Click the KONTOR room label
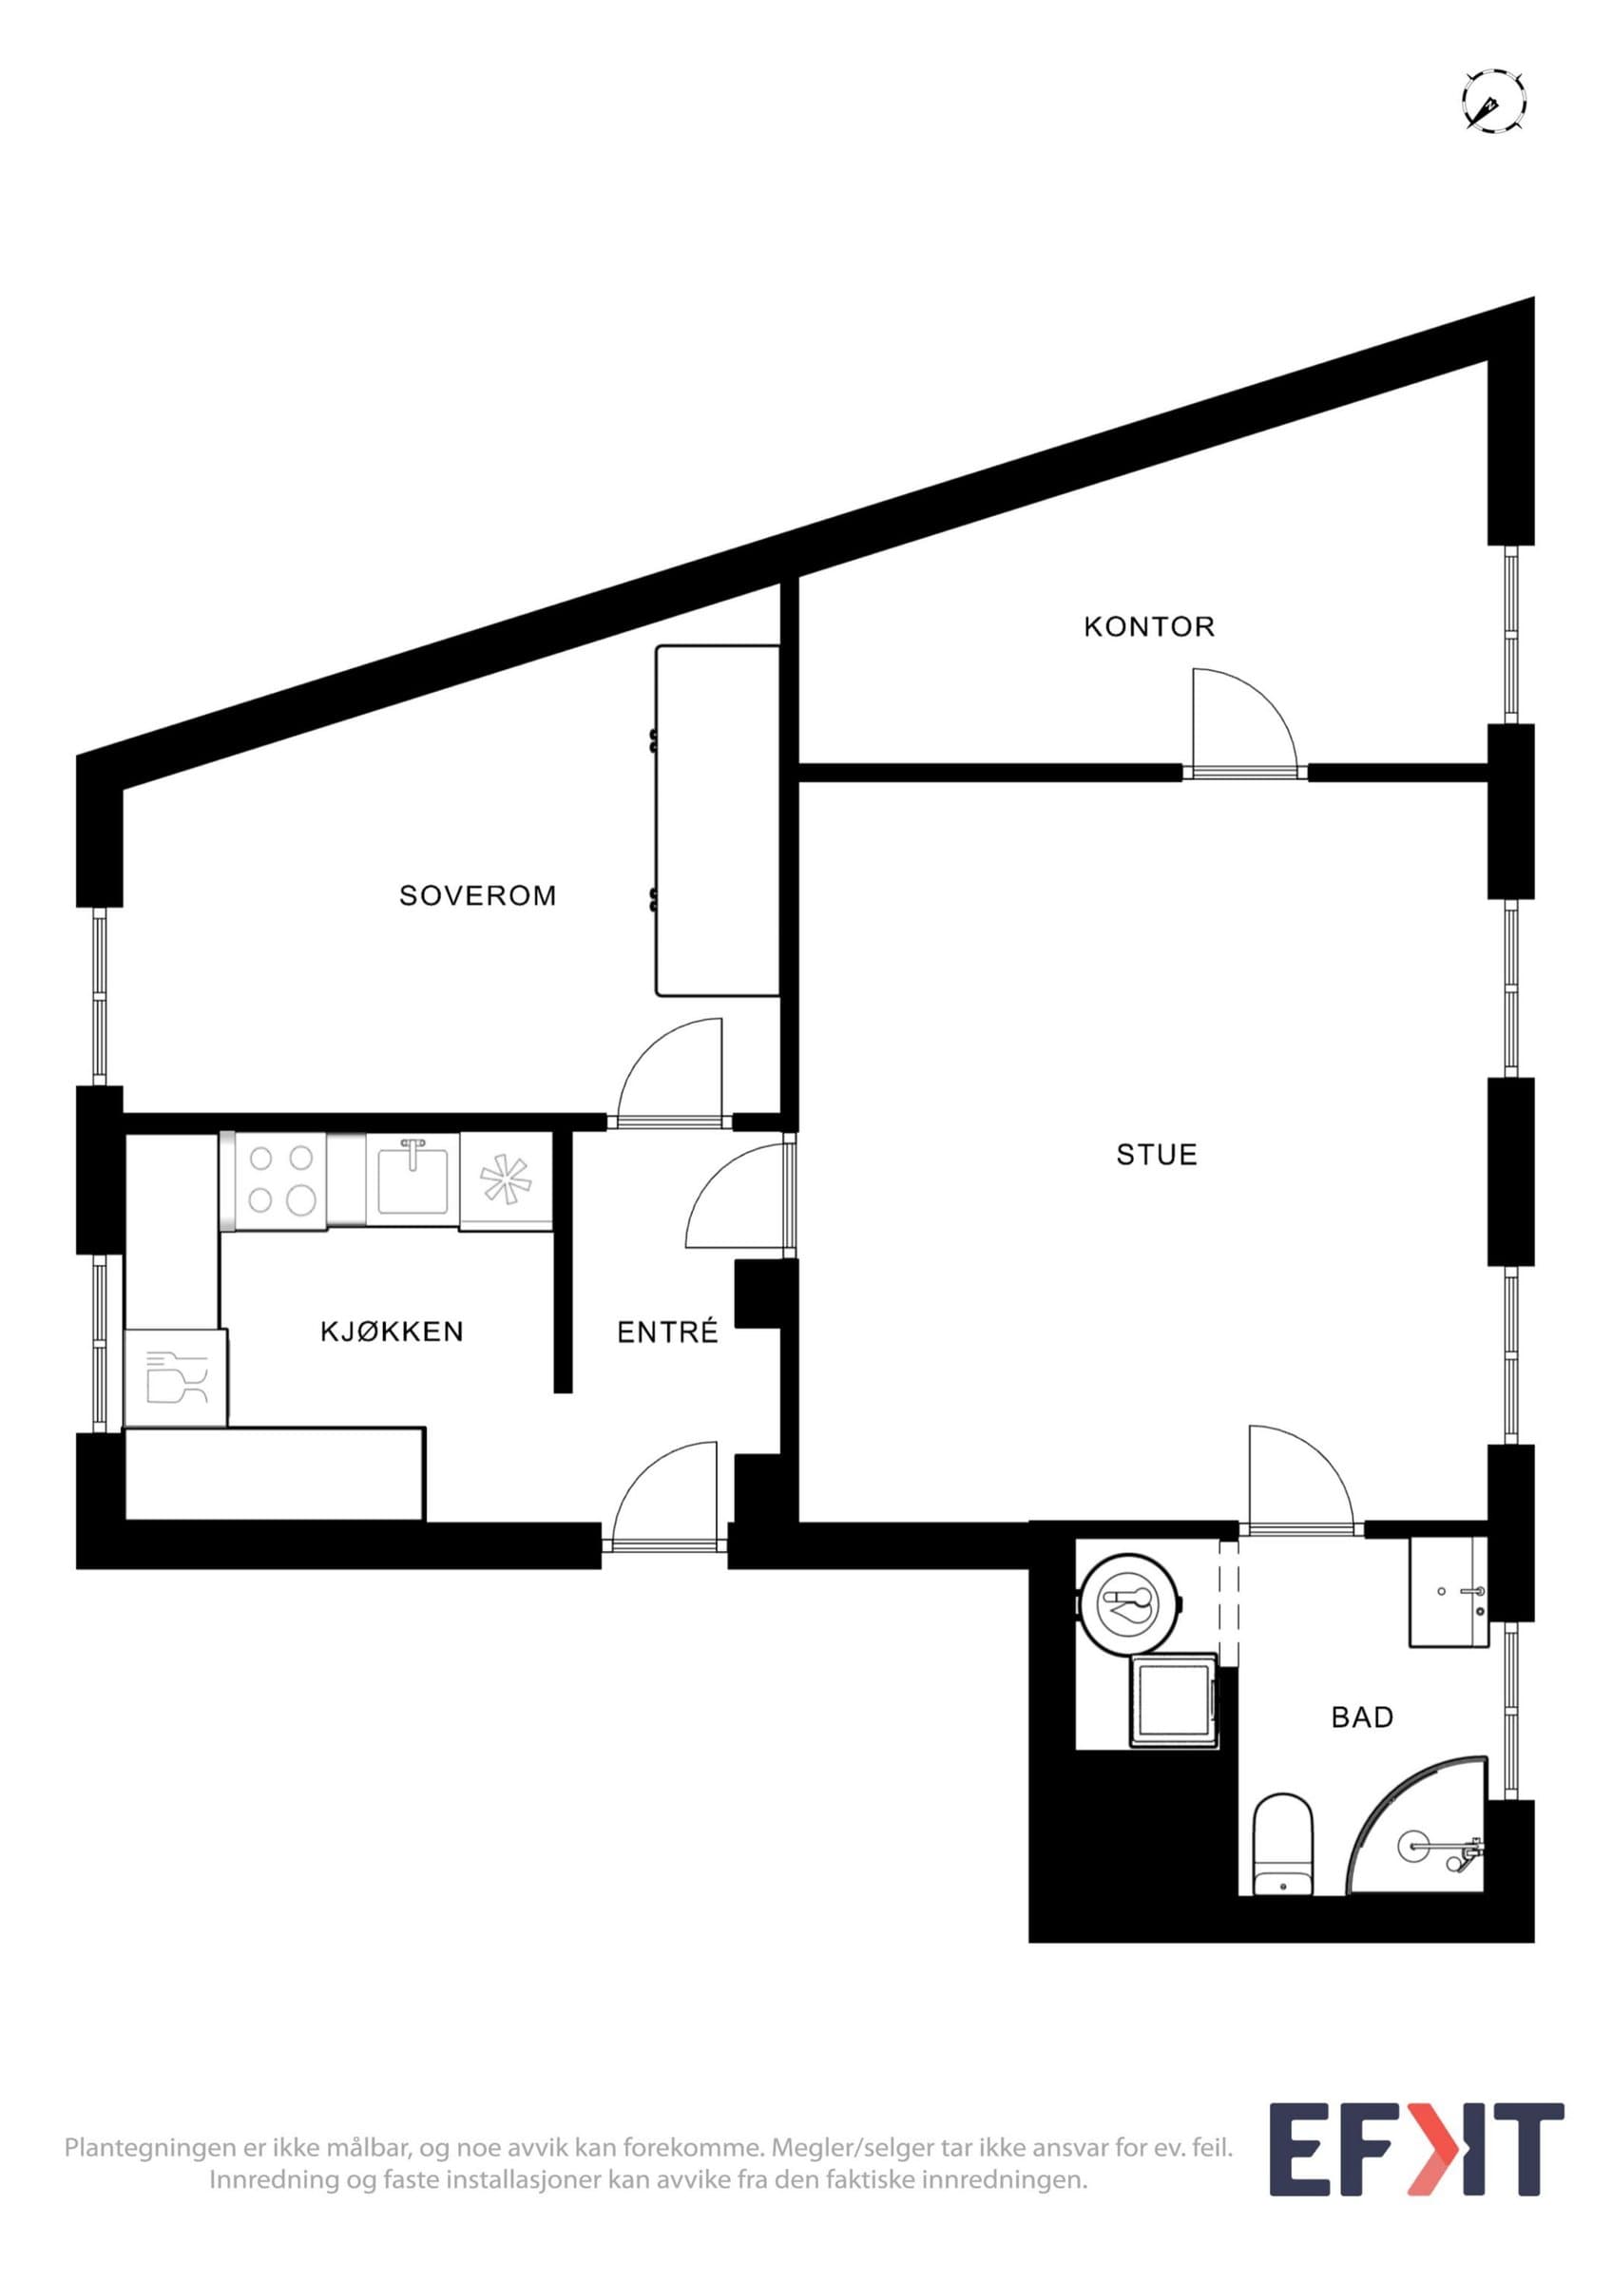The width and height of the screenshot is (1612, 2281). (1149, 627)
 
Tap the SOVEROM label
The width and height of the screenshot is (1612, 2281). (478, 896)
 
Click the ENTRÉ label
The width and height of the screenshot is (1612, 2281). (667, 1332)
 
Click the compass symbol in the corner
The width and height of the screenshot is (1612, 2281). (1494, 101)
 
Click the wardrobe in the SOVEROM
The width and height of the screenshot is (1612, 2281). (716, 819)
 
